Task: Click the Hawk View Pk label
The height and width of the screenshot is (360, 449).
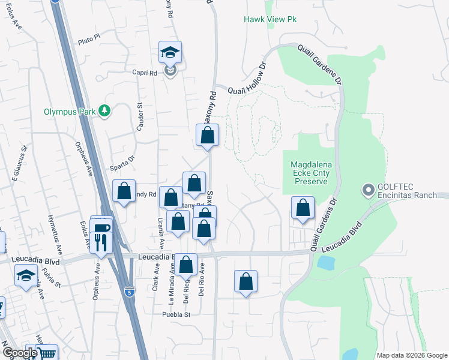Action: (x=270, y=19)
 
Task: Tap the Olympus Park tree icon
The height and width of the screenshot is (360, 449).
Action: (x=105, y=110)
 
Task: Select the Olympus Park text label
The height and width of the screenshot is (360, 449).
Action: (x=70, y=112)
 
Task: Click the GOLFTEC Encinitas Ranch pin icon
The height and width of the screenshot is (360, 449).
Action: (x=367, y=191)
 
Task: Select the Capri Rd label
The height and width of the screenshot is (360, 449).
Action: (x=145, y=72)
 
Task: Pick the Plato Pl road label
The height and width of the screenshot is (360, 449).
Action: (x=88, y=41)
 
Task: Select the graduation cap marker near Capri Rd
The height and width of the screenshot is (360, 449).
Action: (x=170, y=52)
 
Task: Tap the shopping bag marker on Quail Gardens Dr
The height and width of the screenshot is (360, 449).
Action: (x=303, y=208)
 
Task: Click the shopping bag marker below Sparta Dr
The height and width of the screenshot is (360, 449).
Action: (x=124, y=191)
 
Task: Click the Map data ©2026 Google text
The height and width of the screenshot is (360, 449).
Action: (x=412, y=355)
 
